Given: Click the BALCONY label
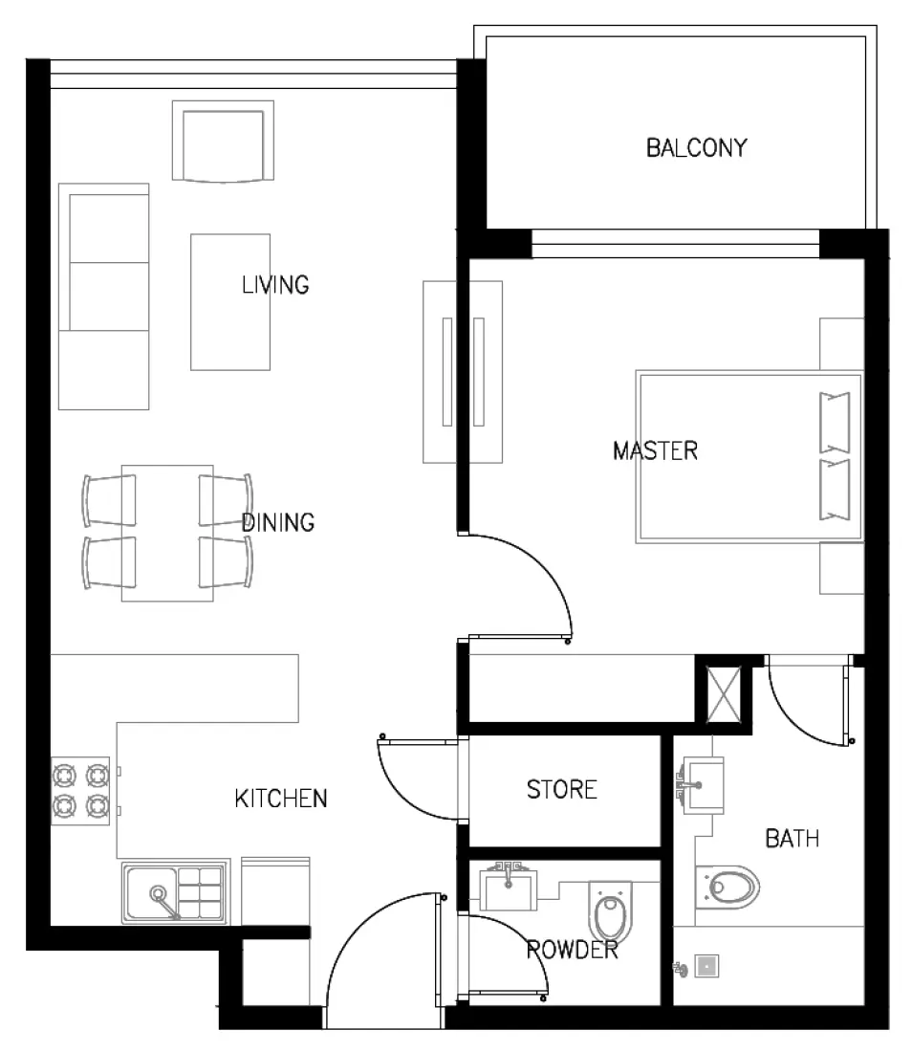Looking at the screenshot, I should [x=696, y=148].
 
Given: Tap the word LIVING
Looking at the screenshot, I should [x=275, y=285].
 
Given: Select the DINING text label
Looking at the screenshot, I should [x=277, y=523].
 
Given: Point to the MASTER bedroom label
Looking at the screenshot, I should [x=655, y=450].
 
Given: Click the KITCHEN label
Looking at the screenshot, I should [x=281, y=799].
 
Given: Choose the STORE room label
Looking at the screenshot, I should [x=561, y=790].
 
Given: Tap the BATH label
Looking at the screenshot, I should [x=793, y=840].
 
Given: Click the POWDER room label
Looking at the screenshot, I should [x=572, y=951].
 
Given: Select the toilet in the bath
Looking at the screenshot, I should [x=728, y=887].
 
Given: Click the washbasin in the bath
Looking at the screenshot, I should [x=703, y=784].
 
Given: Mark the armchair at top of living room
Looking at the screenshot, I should [x=222, y=143].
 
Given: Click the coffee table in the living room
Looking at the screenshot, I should [x=229, y=301].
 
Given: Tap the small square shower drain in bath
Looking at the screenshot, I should [x=706, y=967].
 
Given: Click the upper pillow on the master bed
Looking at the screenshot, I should [x=834, y=422].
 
